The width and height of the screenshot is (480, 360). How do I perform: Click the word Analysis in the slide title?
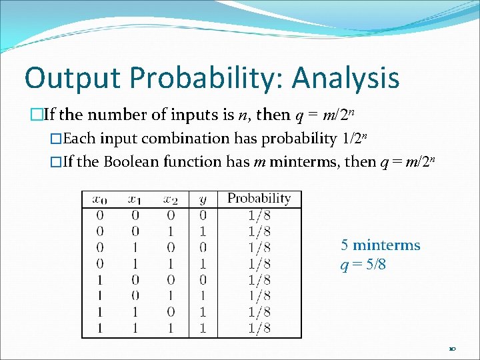346,78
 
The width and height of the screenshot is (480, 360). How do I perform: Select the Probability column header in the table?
259,198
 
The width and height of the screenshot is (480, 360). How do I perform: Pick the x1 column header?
135,199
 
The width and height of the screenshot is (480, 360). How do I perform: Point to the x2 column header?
171,199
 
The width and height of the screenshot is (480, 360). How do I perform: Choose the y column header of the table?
203,199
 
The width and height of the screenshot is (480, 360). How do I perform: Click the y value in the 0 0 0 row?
203,215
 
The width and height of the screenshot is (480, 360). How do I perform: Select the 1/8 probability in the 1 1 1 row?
259,328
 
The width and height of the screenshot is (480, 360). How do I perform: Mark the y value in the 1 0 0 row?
203,279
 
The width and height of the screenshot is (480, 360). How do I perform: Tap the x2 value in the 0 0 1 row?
171,231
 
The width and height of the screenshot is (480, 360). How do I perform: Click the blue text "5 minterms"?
380,245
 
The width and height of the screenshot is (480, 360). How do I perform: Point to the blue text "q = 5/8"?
363,265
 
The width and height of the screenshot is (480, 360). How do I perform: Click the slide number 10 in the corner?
452,349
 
